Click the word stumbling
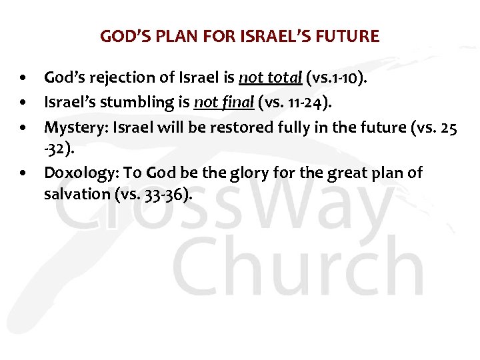point(148,102)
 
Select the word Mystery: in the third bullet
point(74,126)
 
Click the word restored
point(223,126)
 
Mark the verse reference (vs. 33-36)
point(150,195)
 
